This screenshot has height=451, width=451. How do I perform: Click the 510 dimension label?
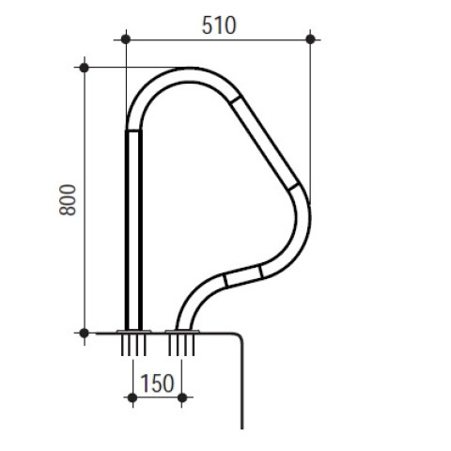[x=219, y=25]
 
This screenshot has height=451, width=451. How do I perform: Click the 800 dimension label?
[x=68, y=200]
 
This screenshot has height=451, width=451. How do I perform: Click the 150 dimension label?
[x=157, y=383]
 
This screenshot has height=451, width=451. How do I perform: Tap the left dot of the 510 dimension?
[x=126, y=39]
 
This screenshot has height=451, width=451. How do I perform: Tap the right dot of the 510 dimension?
[x=310, y=39]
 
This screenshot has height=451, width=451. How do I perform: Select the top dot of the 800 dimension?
[x=85, y=68]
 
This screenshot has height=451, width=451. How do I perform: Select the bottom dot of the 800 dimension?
[x=85, y=334]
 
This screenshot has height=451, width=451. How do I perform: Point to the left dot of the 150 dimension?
[x=132, y=398]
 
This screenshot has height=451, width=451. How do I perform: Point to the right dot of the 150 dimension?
[x=182, y=398]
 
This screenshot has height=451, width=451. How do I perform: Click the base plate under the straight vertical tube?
[x=133, y=331]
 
